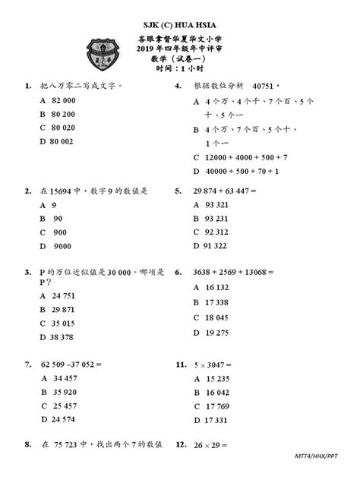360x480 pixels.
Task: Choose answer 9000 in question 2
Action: tap(62, 246)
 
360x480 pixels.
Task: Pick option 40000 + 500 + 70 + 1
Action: tap(242, 171)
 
